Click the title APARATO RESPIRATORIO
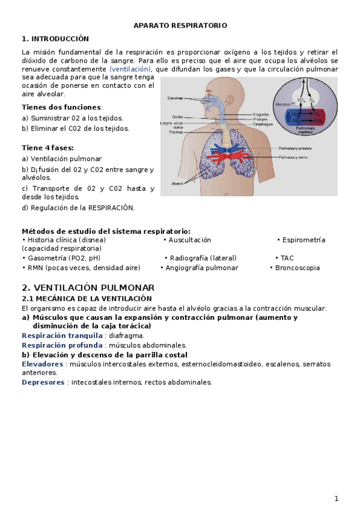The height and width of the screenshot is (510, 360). (180, 26)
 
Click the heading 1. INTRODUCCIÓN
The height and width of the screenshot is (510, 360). (55, 38)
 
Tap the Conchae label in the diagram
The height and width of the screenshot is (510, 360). (175, 97)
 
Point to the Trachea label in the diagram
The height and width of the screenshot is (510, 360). (176, 132)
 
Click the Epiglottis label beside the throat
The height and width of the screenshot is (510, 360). (260, 114)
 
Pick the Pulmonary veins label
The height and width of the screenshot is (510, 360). (293, 158)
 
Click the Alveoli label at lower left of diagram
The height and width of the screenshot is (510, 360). (177, 183)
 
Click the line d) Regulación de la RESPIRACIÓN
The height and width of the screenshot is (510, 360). (78, 208)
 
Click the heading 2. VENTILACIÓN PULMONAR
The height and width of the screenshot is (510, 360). (88, 287)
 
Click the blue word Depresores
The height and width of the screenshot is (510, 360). (43, 382)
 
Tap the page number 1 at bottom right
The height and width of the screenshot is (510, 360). (337, 499)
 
